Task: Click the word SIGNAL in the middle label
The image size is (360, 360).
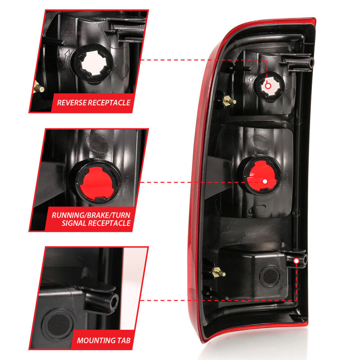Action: click(68, 223)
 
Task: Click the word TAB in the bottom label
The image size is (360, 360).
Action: click(124, 341)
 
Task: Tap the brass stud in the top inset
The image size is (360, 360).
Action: click(39, 88)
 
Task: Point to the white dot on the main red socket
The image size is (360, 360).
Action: click(265, 181)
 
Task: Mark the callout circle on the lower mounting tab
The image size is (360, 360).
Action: click(296, 261)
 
